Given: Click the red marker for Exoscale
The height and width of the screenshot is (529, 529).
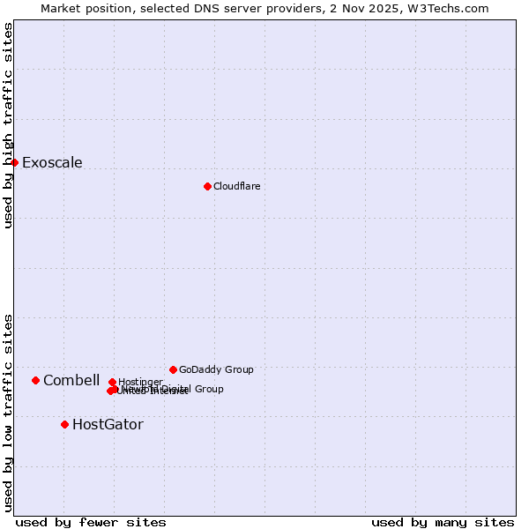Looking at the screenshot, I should [x=14, y=162].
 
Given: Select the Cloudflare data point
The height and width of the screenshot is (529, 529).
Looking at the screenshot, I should [x=207, y=186].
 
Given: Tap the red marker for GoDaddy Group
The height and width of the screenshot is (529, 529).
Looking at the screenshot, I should [x=173, y=369].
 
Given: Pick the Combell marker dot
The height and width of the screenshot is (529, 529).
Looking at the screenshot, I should [x=35, y=380].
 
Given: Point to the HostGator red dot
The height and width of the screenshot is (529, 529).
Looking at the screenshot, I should [x=64, y=424].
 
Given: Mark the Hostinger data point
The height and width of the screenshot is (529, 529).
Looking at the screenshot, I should [x=112, y=382].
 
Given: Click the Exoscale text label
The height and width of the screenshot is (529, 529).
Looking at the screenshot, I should [x=52, y=162].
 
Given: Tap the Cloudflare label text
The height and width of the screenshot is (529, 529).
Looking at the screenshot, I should [x=236, y=186].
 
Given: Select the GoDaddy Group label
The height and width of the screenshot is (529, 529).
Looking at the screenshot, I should [x=216, y=369].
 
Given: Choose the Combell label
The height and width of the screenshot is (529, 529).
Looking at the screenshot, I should [x=71, y=380].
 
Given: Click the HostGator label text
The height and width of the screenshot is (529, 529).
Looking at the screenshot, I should [x=108, y=424].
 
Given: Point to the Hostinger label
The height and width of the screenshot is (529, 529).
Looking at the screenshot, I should [x=140, y=382].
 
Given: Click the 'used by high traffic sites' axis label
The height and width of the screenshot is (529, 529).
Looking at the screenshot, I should [x=8, y=125].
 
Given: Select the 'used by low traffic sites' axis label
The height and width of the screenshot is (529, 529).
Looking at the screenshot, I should [x=8, y=413].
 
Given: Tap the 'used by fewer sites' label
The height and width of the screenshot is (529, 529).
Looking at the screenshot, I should [x=91, y=522].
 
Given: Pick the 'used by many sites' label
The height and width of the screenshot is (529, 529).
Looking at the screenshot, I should [x=443, y=522].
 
